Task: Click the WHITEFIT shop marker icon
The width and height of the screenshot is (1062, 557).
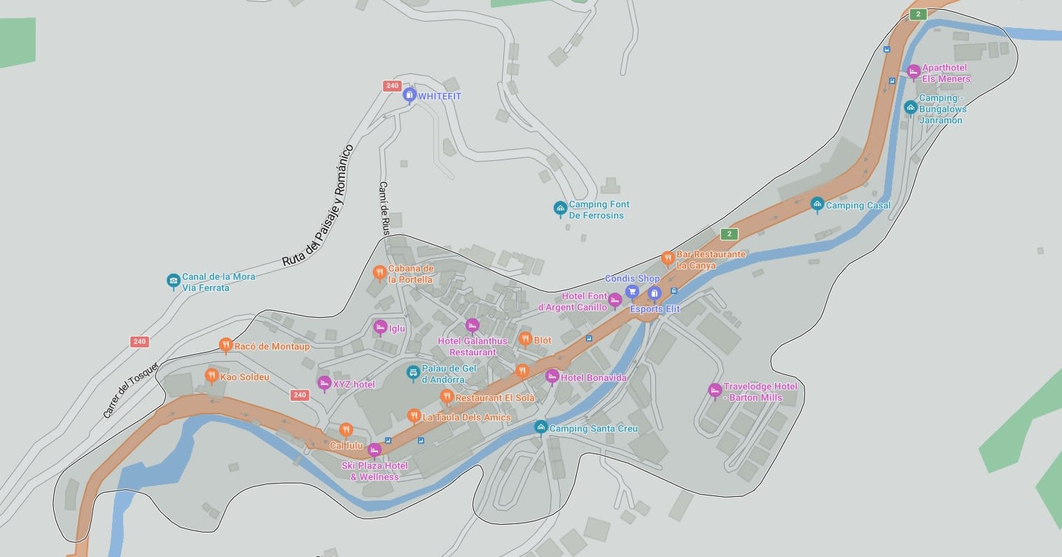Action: pyautogui.click(x=410, y=95)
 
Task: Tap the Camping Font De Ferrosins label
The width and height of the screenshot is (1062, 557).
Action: pyautogui.click(x=599, y=210)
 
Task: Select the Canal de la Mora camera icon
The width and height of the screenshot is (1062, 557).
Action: pyautogui.click(x=173, y=281)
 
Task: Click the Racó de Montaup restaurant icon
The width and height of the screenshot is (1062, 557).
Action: pyautogui.click(x=225, y=344)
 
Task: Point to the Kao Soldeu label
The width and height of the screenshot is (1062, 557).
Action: pyautogui.click(x=244, y=377)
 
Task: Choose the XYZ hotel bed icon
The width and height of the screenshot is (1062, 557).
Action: pyautogui.click(x=324, y=383)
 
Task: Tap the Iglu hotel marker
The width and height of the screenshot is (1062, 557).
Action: pyautogui.click(x=380, y=327)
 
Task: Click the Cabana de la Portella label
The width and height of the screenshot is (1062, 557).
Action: pyautogui.click(x=410, y=274)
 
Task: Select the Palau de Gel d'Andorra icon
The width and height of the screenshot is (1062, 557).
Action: pyautogui.click(x=413, y=372)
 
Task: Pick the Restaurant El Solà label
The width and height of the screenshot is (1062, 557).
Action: pyautogui.click(x=494, y=397)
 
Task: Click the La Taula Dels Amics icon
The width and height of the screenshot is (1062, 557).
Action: pyautogui.click(x=414, y=416)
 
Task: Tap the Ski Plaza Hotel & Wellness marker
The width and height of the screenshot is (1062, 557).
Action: pyautogui.click(x=375, y=449)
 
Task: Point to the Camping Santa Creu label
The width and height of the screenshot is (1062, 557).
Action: pyautogui.click(x=593, y=428)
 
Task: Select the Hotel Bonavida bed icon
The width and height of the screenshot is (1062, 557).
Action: pyautogui.click(x=552, y=376)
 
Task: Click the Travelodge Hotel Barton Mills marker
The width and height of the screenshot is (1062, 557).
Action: pyautogui.click(x=715, y=390)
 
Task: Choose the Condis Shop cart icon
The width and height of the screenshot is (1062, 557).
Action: pyautogui.click(x=631, y=292)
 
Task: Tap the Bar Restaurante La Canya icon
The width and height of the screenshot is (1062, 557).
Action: pyautogui.click(x=667, y=258)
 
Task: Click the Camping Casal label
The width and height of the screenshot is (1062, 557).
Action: pyautogui.click(x=858, y=206)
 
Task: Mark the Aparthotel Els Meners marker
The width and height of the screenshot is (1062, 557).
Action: pyautogui.click(x=913, y=71)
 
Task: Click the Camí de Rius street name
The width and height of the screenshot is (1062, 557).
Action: pyautogui.click(x=384, y=208)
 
